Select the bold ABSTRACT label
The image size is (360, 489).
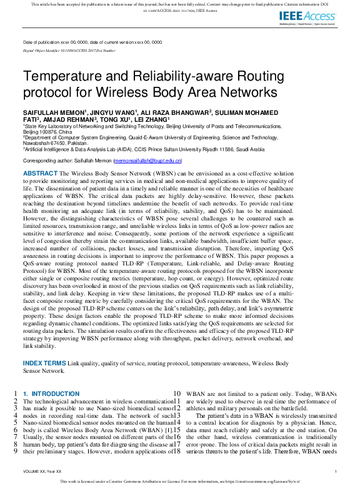click(x=41, y=172)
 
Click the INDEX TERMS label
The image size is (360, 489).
click(x=44, y=363)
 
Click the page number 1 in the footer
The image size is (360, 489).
click(x=336, y=471)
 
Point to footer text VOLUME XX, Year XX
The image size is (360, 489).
click(x=42, y=471)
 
